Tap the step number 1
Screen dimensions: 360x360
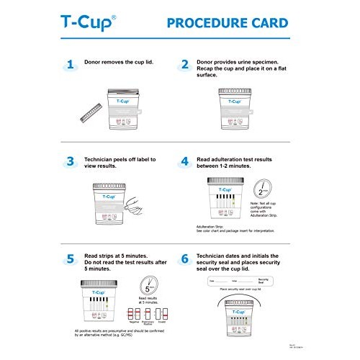tap(71, 65)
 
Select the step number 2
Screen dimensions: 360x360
tap(185, 65)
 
